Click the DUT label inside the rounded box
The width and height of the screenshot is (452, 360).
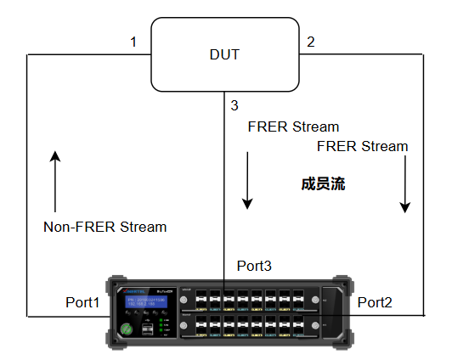pos(224,55)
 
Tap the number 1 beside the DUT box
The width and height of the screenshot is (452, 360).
pos(133,42)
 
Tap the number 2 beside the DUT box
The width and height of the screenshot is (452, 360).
pos(310,42)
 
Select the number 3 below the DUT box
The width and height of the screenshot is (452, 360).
pos(234,105)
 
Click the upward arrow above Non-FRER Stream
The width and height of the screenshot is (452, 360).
pos(55,182)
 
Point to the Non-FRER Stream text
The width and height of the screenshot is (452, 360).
pos(105,228)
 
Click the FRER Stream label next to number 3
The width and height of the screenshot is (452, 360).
pos(293,127)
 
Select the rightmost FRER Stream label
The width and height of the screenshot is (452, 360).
pos(362,146)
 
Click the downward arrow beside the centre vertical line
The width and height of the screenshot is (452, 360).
pos(247,180)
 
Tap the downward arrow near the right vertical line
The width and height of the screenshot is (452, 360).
pos(406,183)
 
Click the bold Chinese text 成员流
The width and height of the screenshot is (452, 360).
pos(322,183)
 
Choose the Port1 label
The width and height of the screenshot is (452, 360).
pos(83,302)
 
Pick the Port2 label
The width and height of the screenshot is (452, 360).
pos(375,302)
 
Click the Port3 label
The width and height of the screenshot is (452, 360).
pos(254,266)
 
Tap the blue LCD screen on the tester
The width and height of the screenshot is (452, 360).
pos(144,305)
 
